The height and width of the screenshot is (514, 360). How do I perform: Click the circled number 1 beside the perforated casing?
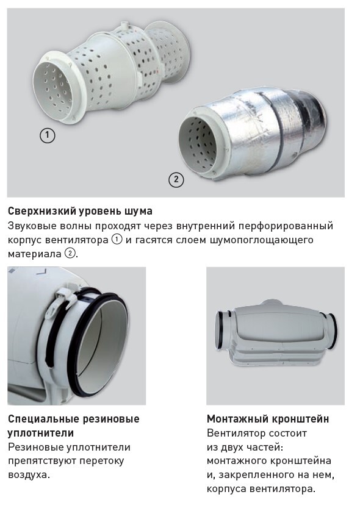click(x=47, y=135)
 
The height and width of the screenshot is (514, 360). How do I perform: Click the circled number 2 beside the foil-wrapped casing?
click(x=176, y=179)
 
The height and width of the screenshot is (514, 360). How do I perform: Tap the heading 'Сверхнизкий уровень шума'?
click(x=80, y=211)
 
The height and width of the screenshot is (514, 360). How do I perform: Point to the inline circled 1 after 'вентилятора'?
click(x=117, y=240)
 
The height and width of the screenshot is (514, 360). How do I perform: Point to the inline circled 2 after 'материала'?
click(x=70, y=254)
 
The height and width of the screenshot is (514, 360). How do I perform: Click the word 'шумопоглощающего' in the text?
click(x=261, y=240)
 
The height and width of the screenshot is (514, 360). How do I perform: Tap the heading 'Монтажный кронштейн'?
click(x=268, y=419)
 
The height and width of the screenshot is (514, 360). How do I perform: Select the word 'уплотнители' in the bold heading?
click(x=41, y=433)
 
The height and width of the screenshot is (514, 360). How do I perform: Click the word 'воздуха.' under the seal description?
click(x=29, y=474)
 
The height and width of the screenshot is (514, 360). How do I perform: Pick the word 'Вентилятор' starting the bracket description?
click(x=236, y=433)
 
